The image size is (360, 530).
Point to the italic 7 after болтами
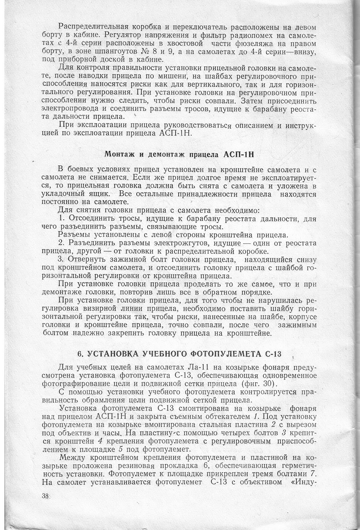coord(312,474)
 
